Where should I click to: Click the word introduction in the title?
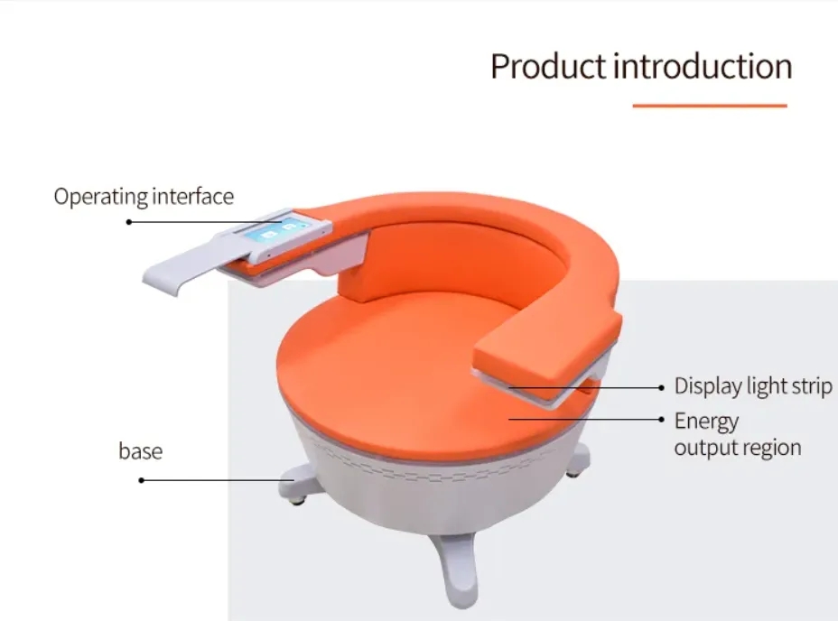(703, 66)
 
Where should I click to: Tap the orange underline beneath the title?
(710, 106)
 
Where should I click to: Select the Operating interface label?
(144, 197)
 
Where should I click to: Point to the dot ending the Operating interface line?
(129, 222)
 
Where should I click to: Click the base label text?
(141, 451)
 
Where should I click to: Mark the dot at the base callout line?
(141, 480)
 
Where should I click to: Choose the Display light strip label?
(753, 386)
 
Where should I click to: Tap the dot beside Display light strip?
(662, 387)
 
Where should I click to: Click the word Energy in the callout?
(706, 422)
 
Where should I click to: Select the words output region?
(738, 448)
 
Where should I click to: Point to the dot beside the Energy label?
(662, 420)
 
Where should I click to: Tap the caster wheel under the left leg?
(297, 501)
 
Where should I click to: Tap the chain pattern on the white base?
(427, 465)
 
